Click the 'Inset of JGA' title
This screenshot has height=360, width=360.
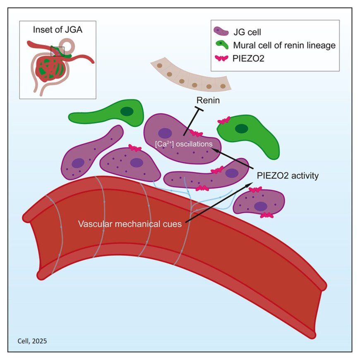tap(58, 30)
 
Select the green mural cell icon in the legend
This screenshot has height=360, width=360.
tap(223, 45)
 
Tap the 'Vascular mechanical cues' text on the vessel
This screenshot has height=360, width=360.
tap(131, 224)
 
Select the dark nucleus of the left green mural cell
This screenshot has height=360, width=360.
tap(127, 111)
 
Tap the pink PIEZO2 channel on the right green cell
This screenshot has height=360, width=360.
tap(224, 120)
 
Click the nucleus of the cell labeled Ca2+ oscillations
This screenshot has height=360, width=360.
tap(165, 133)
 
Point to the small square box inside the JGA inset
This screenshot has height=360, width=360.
tap(57, 51)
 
